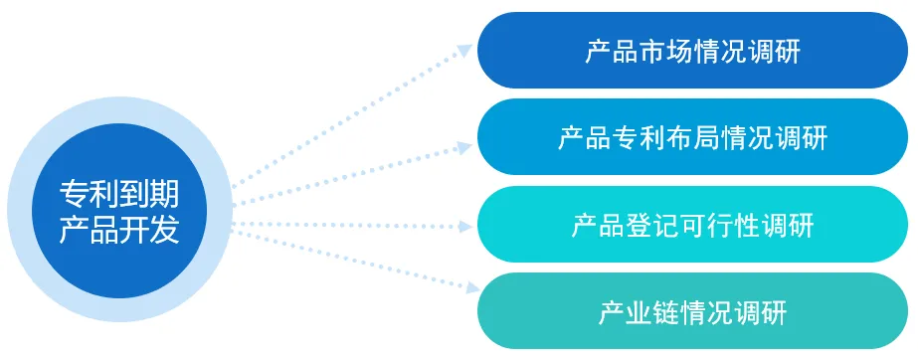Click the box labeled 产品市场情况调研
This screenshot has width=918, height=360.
(692, 51)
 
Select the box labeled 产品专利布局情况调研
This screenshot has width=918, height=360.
(692, 137)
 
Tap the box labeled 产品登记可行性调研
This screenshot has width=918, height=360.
(692, 225)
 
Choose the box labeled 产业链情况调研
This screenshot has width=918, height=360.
(692, 311)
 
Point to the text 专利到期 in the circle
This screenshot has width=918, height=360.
(119, 193)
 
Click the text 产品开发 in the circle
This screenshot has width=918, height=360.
(119, 231)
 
